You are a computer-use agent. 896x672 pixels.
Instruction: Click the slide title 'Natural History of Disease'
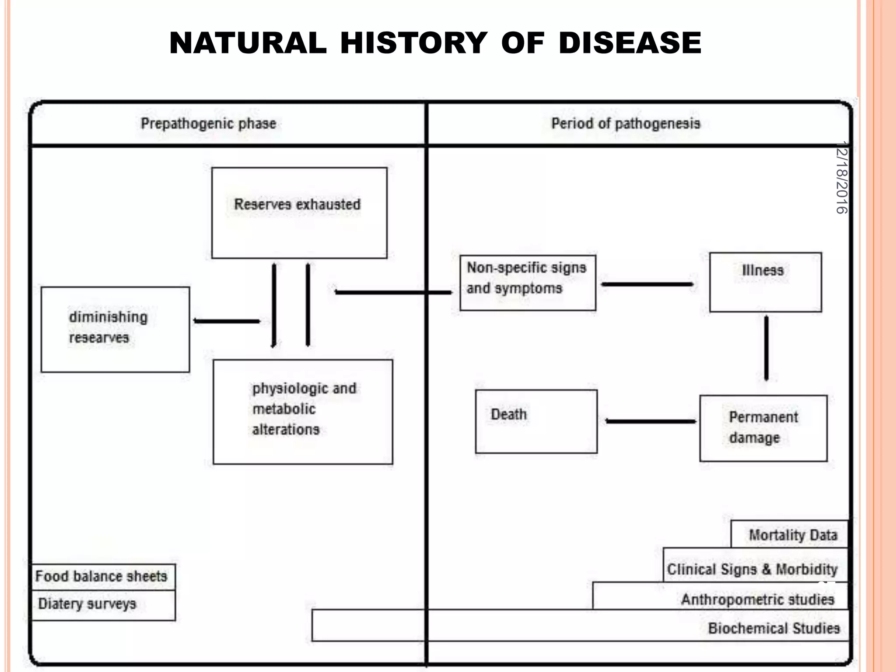pos(435,43)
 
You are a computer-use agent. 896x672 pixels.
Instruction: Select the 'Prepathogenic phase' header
pos(208,124)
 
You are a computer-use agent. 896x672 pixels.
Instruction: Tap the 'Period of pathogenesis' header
pos(626,124)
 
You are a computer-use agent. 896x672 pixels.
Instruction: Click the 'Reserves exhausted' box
pos(299,213)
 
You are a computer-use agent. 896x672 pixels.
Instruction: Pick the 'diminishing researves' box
pos(115,329)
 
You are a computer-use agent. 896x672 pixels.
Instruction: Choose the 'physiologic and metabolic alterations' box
pos(303,412)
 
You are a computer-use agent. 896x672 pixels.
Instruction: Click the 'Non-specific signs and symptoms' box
pos(528,283)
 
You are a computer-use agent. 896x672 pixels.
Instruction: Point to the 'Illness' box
pos(765,282)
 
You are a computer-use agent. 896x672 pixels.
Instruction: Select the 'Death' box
pos(536,421)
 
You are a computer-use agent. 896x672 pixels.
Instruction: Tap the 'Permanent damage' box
pos(763,428)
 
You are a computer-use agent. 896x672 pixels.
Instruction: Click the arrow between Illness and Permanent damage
pos(766,348)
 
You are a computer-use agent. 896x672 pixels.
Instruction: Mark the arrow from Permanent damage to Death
pos(651,421)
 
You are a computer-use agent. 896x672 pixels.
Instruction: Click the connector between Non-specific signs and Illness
pos(647,284)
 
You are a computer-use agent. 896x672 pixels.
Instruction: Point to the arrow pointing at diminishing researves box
pos(227,321)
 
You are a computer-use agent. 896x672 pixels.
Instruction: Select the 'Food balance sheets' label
pos(101,576)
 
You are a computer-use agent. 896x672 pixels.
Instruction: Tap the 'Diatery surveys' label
pos(87,604)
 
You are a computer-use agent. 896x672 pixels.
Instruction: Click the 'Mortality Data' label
pos(793,535)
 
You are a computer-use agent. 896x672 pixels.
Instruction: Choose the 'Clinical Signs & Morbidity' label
pos(752,569)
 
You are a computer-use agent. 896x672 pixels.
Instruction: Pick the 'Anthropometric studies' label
pos(757,599)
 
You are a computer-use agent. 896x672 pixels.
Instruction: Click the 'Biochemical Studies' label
pos(773,628)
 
